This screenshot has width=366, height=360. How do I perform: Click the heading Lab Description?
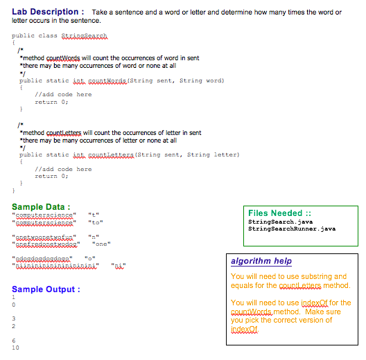click(x=46, y=12)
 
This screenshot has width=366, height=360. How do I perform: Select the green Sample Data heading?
click(x=41, y=206)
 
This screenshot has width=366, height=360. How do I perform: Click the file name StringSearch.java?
click(x=280, y=221)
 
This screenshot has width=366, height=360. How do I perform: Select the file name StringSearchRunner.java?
click(x=292, y=228)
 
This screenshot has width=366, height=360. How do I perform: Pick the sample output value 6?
click(x=14, y=341)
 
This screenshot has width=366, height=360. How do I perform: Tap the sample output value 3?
click(x=14, y=318)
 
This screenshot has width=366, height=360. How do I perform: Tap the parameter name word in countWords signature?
click(x=211, y=80)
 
